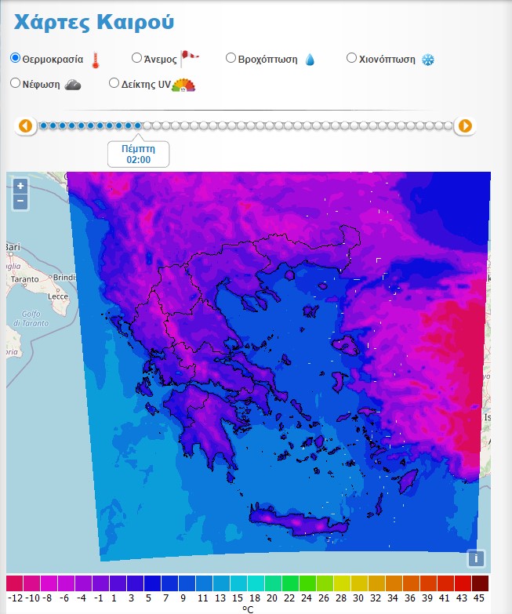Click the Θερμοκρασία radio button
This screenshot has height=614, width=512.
[15, 58]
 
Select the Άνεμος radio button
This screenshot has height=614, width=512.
[136, 57]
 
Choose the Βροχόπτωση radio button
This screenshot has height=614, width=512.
[231, 57]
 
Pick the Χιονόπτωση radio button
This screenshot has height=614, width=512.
[351, 57]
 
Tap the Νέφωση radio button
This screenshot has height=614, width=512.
[15, 82]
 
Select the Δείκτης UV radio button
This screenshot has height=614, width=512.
[114, 82]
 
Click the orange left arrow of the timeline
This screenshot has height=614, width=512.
[26, 125]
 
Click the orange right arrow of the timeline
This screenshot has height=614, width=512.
[465, 125]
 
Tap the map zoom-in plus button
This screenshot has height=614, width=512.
[20, 187]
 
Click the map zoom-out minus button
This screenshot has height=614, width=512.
[20, 202]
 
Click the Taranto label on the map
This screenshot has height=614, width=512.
[24, 278]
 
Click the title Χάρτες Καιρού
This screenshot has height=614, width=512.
[93, 22]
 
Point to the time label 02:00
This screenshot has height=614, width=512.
[138, 160]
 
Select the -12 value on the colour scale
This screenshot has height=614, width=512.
[15, 598]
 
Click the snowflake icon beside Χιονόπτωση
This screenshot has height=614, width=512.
[428, 60]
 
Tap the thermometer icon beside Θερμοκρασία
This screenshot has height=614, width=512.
[96, 60]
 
